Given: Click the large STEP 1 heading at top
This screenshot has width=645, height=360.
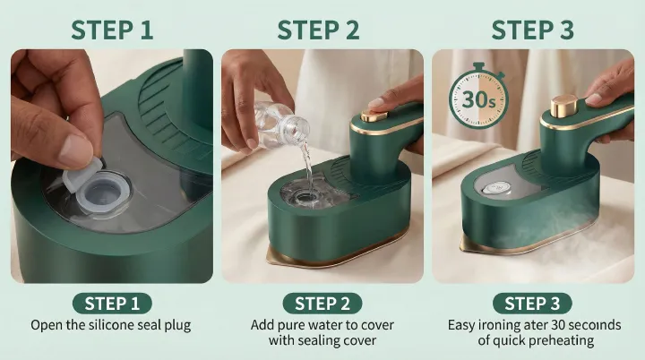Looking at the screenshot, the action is point(112,30).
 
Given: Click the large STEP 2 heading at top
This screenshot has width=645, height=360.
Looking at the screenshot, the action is point(318,30).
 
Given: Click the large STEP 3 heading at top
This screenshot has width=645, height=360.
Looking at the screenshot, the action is point(532,30).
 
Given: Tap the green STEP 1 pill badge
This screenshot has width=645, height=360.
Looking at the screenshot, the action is point(112,304).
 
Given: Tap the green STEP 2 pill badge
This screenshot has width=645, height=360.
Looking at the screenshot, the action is point(322,304).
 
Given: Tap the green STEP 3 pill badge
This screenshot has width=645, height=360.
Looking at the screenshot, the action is point(532,304).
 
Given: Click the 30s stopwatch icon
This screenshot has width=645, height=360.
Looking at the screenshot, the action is point(478,97).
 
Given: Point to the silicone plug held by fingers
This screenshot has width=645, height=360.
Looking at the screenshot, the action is point(82,175).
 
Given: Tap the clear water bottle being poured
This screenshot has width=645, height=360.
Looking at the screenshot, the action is point(281,124).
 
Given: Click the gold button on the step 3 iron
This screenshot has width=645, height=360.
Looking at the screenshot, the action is point(563,106).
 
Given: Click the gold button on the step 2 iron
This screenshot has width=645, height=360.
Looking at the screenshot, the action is point(374,116).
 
